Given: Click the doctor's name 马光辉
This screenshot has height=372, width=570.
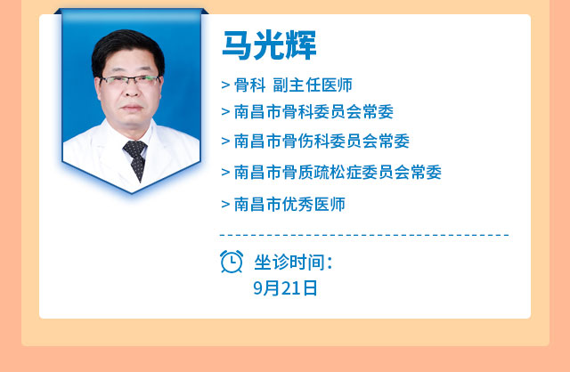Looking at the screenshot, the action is (269, 45).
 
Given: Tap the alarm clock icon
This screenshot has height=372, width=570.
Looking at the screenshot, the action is (232, 261).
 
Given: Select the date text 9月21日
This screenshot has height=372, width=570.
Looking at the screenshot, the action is (285, 288).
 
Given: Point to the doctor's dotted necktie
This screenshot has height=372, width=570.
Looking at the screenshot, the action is (136, 159).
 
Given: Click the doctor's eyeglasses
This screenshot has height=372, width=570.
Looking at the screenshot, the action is (130, 80).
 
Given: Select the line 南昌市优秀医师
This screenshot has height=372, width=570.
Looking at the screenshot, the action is (289, 204).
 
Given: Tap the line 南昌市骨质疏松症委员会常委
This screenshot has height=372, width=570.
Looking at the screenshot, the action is (338, 172).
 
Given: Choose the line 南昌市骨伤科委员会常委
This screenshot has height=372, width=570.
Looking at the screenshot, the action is (322, 141).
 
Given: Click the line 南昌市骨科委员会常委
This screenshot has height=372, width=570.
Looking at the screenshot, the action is (313, 111).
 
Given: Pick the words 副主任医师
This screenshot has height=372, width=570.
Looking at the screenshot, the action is (313, 85).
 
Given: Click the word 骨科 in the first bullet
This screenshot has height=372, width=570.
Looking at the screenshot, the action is (249, 85).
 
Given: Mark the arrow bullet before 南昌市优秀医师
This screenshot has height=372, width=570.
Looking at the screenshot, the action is (225, 205).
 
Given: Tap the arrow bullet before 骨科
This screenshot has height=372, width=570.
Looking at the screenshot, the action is (225, 85).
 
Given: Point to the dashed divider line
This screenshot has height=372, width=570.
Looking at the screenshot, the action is (364, 236).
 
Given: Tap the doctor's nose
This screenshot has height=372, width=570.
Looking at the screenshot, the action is (131, 93).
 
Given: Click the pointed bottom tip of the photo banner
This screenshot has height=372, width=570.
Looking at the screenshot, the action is (131, 192).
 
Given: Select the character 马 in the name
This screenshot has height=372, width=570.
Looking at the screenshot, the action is (237, 45).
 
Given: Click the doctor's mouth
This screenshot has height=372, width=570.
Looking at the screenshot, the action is (132, 108).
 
